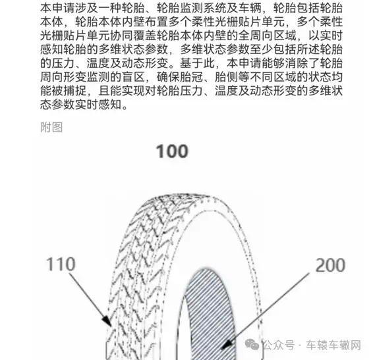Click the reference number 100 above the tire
click(x=172, y=151)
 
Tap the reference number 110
click(x=61, y=264)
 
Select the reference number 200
click(x=330, y=265)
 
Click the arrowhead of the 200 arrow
click(x=227, y=344)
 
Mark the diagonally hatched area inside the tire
click(x=210, y=316)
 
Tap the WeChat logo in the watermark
click(x=252, y=345)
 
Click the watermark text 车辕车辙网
click(x=333, y=345)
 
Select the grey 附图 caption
click(x=51, y=127)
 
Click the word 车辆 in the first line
click(x=250, y=8)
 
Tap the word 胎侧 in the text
click(x=227, y=77)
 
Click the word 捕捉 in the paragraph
click(x=75, y=91)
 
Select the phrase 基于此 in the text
click(x=198, y=63)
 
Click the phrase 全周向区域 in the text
click(x=268, y=36)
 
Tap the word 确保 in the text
click(x=169, y=77)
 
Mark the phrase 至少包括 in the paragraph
click(x=262, y=49)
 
